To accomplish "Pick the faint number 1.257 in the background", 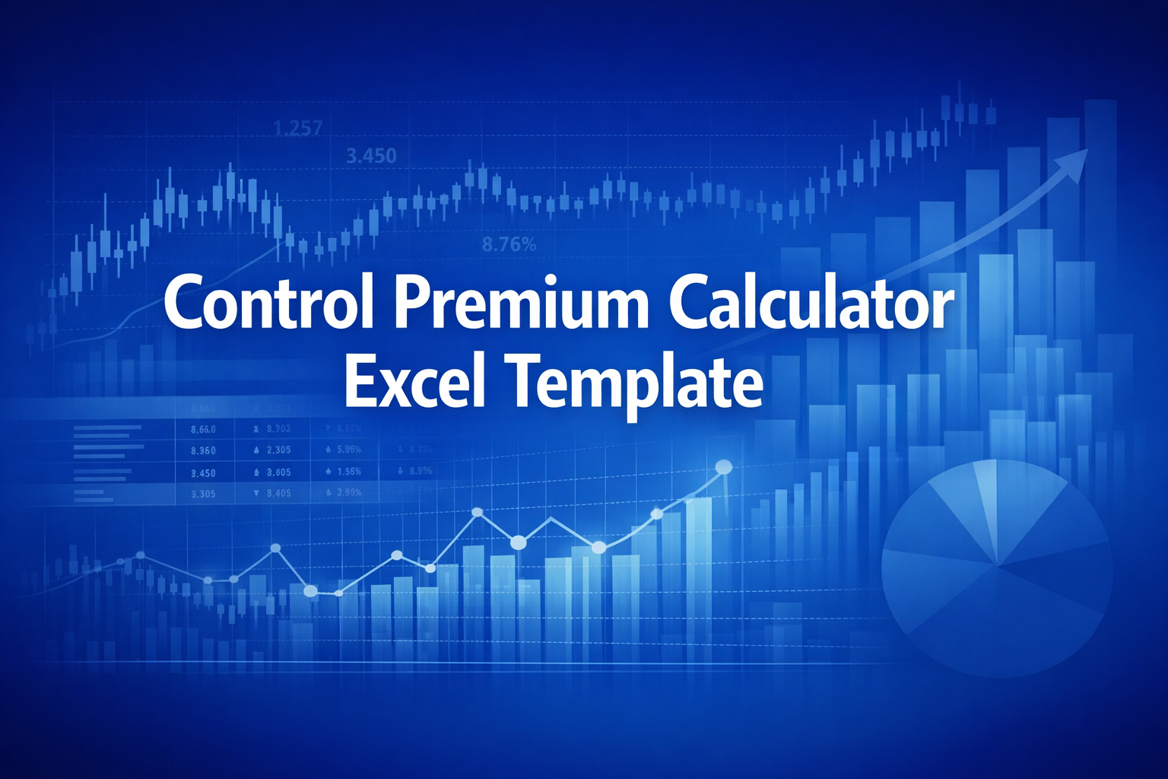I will click(x=297, y=129).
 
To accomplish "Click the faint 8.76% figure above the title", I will click(x=509, y=245).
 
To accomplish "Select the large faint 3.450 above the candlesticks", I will click(x=371, y=157).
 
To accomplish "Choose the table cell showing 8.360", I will click(x=203, y=450).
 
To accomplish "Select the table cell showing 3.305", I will click(x=203, y=494).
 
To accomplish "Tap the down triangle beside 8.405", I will click(x=257, y=493).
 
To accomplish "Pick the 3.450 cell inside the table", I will click(x=203, y=472).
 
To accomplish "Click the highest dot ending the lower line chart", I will click(x=723, y=467).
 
